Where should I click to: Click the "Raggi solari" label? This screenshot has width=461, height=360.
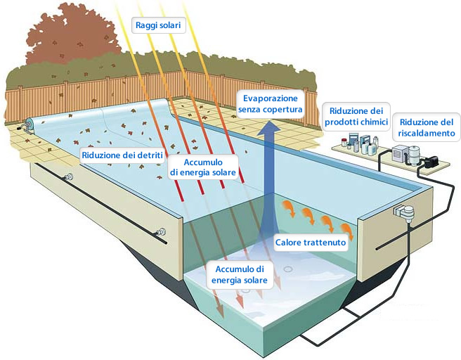pos(158,25)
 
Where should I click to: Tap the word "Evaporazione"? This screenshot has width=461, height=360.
pos(270,98)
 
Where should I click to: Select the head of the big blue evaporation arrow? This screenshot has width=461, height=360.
pos(268,129)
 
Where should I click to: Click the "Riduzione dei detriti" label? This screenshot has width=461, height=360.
pos(122,155)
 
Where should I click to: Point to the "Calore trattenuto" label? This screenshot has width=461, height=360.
pos(310,243)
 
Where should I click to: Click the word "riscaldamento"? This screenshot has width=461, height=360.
pos(427,133)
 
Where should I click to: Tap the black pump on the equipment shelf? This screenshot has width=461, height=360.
pos(431,161)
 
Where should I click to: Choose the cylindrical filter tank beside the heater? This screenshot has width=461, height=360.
pos(415,155)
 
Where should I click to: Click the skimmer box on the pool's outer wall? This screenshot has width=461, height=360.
pos(404,212)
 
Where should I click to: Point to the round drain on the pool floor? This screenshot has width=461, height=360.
pos(288,269)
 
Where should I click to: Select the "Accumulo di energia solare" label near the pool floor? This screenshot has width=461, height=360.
pos(240,274)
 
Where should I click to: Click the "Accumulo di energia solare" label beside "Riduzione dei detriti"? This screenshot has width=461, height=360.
pos(203,167)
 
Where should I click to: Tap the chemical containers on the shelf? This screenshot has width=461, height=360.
pos(360,143)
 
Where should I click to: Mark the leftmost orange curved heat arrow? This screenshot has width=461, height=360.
pos(289,208)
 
